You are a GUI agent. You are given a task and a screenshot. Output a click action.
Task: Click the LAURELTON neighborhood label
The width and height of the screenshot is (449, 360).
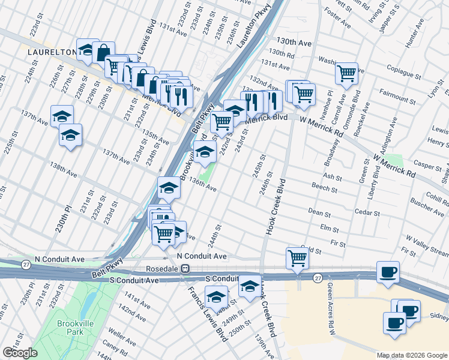click(x=51, y=52)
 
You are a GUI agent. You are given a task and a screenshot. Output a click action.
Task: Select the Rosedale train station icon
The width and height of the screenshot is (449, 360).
click(x=186, y=269)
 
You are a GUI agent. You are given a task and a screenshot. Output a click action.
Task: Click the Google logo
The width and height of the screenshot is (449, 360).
click(x=20, y=353)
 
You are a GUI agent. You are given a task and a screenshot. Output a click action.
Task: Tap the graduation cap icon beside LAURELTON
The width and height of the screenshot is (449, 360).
click(x=87, y=51)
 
